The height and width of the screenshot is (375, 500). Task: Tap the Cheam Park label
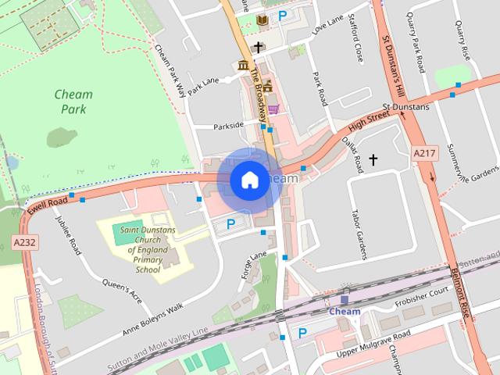(73, 102)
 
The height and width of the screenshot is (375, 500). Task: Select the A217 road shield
(423, 152)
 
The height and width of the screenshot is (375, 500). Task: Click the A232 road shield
(24, 243)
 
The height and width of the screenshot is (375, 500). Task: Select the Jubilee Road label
(75, 237)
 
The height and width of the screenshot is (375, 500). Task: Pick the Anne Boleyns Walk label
(152, 320)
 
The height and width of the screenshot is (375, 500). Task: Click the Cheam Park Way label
(170, 70)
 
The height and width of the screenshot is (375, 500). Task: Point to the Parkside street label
(229, 124)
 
